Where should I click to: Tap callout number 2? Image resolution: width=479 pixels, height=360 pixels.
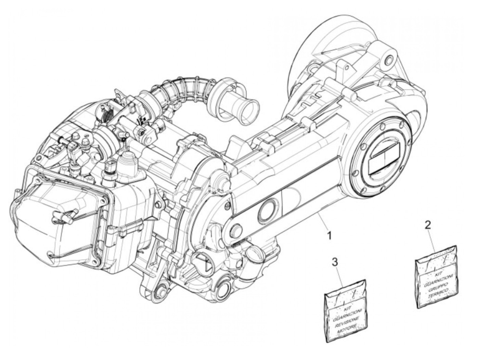(x=427, y=225)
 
